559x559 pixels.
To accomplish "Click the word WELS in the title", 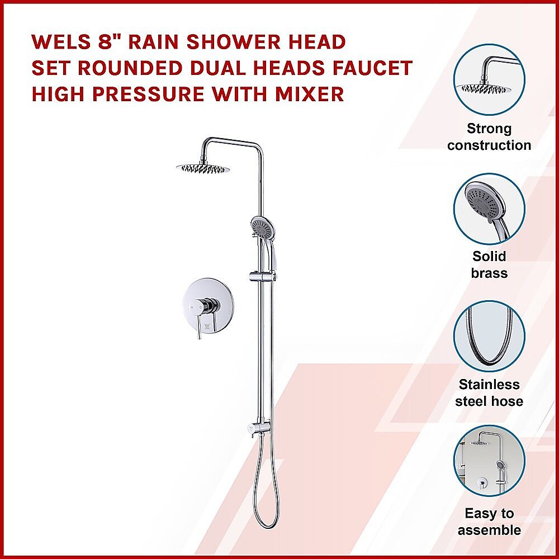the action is pos(61,42).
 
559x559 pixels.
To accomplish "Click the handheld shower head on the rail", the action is pos(263,228).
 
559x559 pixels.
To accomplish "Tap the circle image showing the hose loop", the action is pos(489,336).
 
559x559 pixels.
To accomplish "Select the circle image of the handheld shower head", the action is pos(489,209).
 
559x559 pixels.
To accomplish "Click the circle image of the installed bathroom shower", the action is pos(489,461).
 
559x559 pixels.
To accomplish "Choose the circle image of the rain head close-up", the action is pos(489,80).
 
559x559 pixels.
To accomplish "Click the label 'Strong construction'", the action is pos(489,137).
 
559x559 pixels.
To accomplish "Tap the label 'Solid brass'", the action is pos(489,264).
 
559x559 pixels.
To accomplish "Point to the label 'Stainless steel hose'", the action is pos(489,393).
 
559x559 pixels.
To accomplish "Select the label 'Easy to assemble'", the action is pos(489,522).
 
